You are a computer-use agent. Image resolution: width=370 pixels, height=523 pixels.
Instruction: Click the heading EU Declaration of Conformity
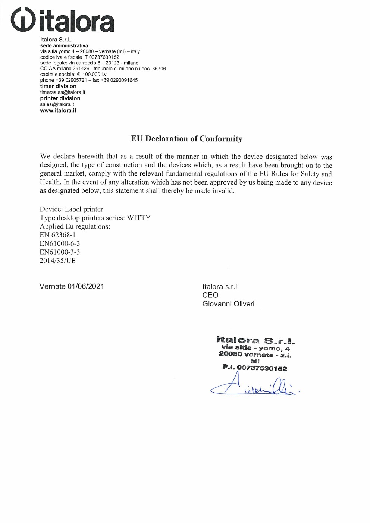(x=186, y=139)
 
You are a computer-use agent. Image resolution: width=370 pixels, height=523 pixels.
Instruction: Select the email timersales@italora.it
(x=63, y=92)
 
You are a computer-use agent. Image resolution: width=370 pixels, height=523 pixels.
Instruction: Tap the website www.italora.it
(x=58, y=110)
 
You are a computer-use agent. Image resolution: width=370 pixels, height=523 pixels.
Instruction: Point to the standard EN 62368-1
(x=57, y=235)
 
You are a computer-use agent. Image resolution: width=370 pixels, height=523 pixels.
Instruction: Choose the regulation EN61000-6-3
(x=60, y=243)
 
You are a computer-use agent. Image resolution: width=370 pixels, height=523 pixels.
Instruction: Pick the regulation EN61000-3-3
(x=60, y=252)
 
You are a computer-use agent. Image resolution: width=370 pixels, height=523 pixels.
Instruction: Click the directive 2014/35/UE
(x=57, y=261)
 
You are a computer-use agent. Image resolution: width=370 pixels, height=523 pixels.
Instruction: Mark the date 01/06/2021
(x=86, y=286)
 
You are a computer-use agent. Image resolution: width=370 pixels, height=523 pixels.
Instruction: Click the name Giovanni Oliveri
(x=228, y=304)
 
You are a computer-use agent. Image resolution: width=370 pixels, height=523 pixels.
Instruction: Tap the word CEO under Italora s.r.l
(x=210, y=295)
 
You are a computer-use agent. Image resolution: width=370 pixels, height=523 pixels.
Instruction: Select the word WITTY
(x=139, y=218)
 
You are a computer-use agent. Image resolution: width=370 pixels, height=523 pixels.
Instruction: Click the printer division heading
(x=60, y=98)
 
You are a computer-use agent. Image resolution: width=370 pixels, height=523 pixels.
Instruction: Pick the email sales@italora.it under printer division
(x=57, y=104)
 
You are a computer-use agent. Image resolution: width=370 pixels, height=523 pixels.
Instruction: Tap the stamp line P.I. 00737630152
(x=255, y=368)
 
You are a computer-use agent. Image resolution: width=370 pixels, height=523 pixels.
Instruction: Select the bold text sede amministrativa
(x=64, y=45)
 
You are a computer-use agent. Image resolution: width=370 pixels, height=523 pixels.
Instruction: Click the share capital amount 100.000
(x=91, y=75)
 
